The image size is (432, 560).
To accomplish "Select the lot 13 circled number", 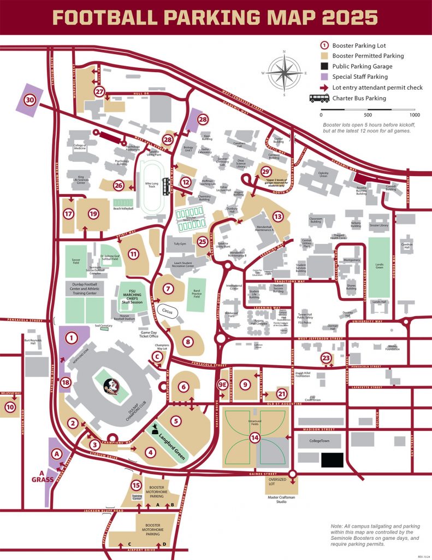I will tap(279, 217).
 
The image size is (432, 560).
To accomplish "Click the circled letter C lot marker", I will tap(157, 357).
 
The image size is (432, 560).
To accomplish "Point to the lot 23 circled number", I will tap(326, 358).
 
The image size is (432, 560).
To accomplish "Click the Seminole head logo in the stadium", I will tap(111, 383).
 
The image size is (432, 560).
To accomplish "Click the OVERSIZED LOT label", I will tap(279, 482).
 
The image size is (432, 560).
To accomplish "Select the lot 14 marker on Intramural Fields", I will tap(255, 436).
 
